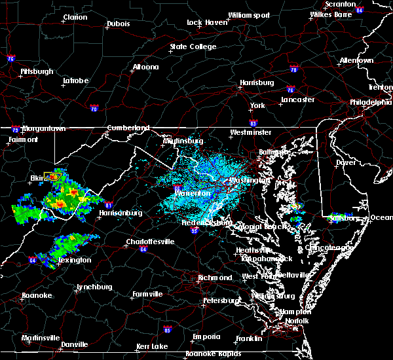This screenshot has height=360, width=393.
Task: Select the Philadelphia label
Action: [x=371, y=102]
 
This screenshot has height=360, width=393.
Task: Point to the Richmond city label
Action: [x=215, y=278]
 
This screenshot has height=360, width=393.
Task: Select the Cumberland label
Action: [x=128, y=128]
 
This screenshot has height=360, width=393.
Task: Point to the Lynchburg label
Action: [x=94, y=287]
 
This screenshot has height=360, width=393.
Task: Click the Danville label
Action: [x=75, y=344]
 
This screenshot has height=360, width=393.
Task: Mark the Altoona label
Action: [x=145, y=67]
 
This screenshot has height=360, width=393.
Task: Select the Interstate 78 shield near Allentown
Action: [x=293, y=69]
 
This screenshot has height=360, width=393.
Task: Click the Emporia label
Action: [x=206, y=336]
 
